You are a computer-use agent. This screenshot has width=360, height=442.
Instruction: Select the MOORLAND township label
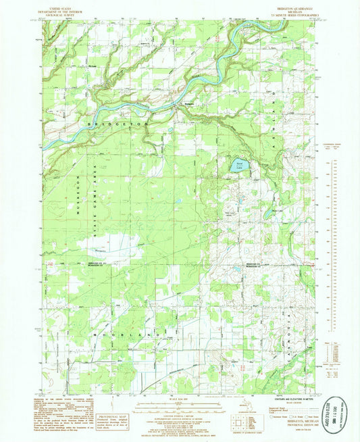click(122, 336)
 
